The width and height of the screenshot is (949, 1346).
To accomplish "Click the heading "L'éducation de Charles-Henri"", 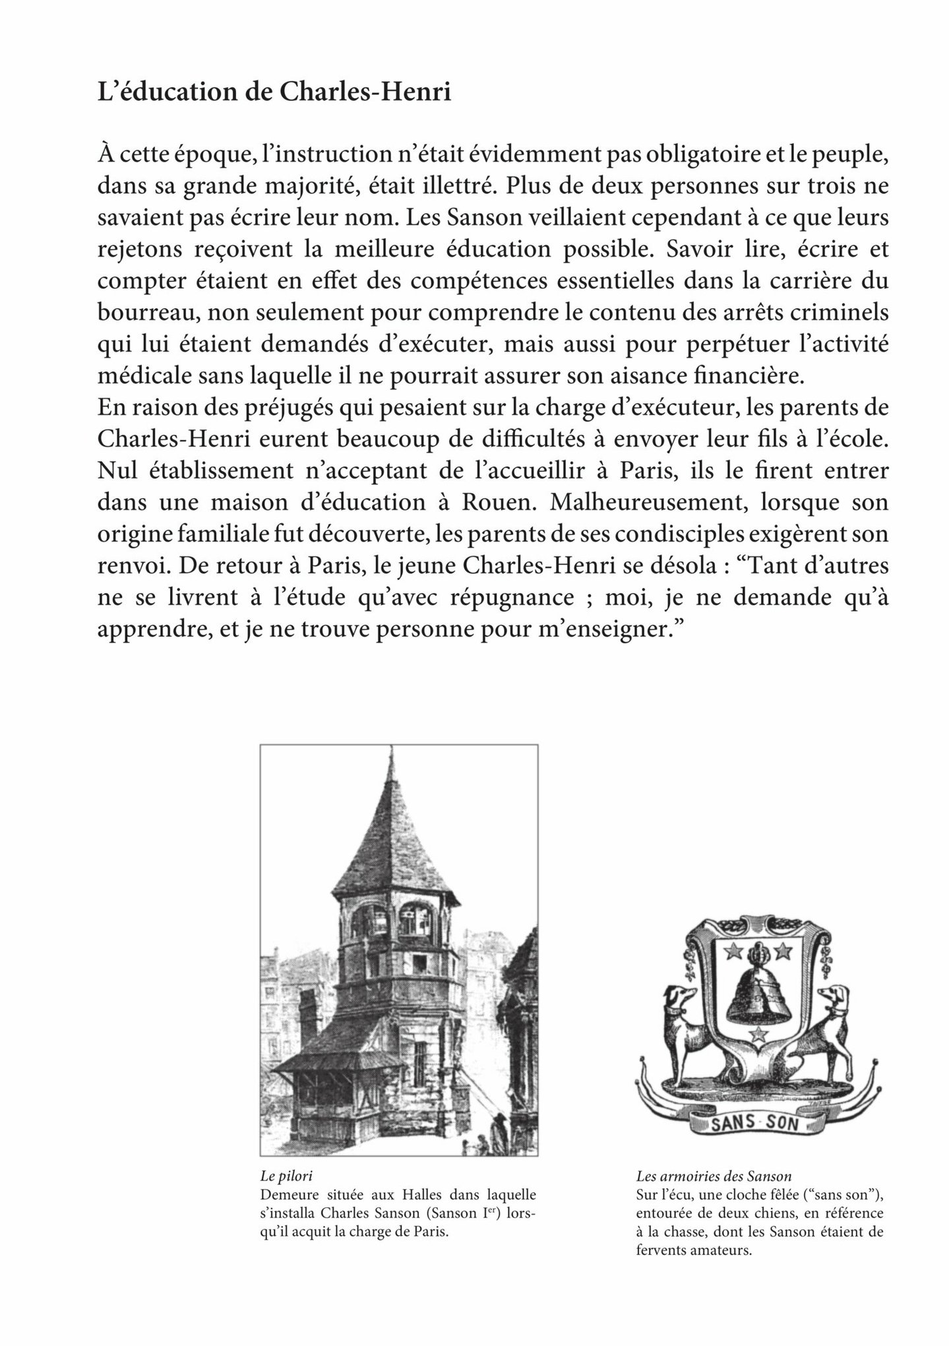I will (274, 92).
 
